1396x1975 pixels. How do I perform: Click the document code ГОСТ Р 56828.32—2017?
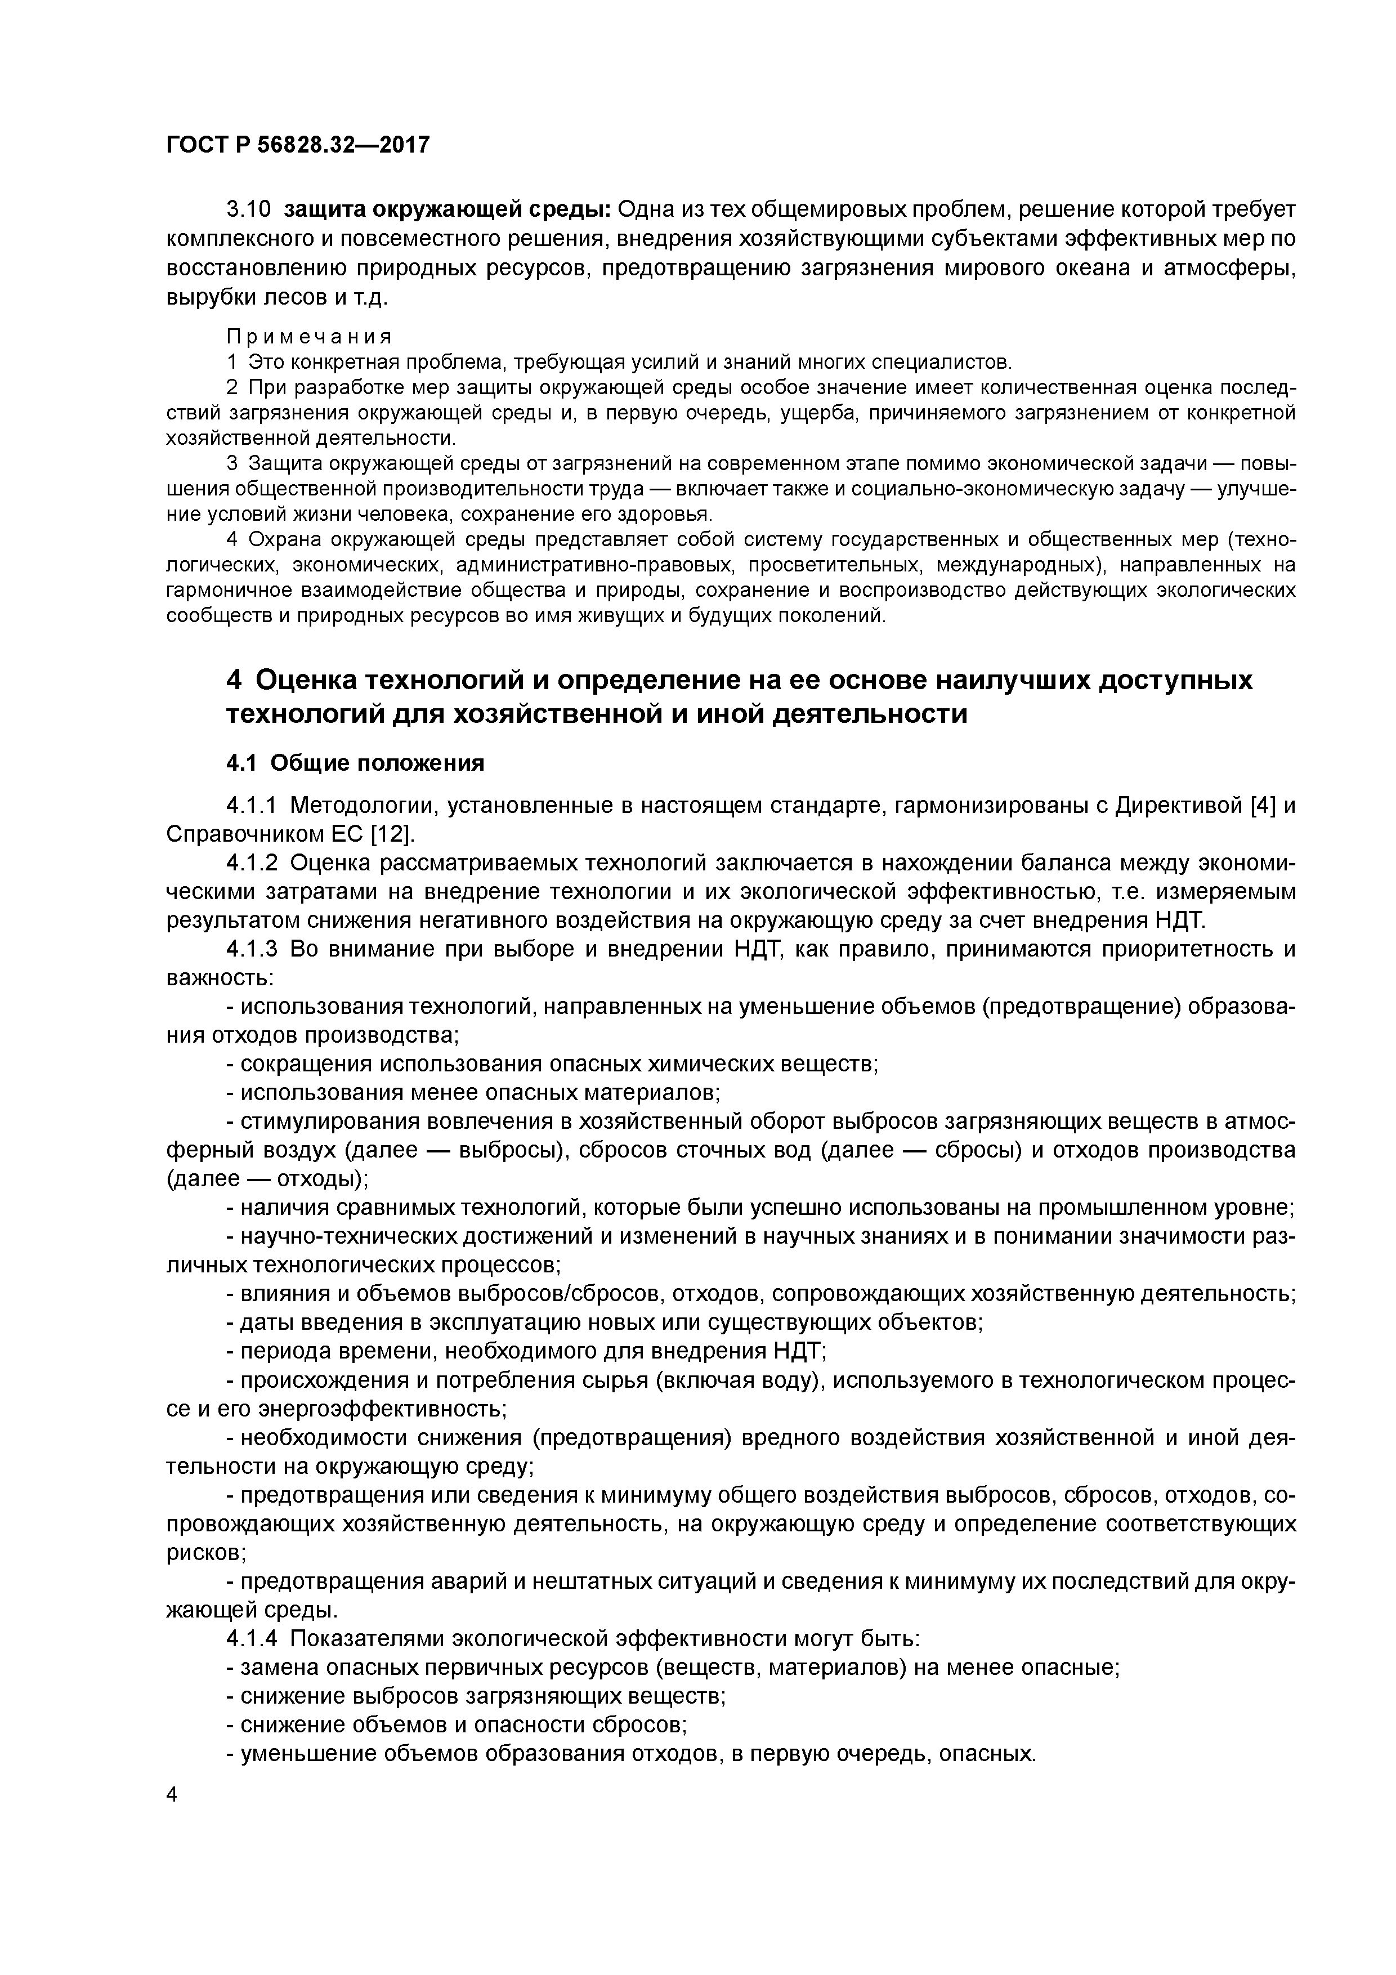click(297, 145)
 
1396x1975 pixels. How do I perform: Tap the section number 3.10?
click(248, 210)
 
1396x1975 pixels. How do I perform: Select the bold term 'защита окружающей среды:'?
click(448, 210)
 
